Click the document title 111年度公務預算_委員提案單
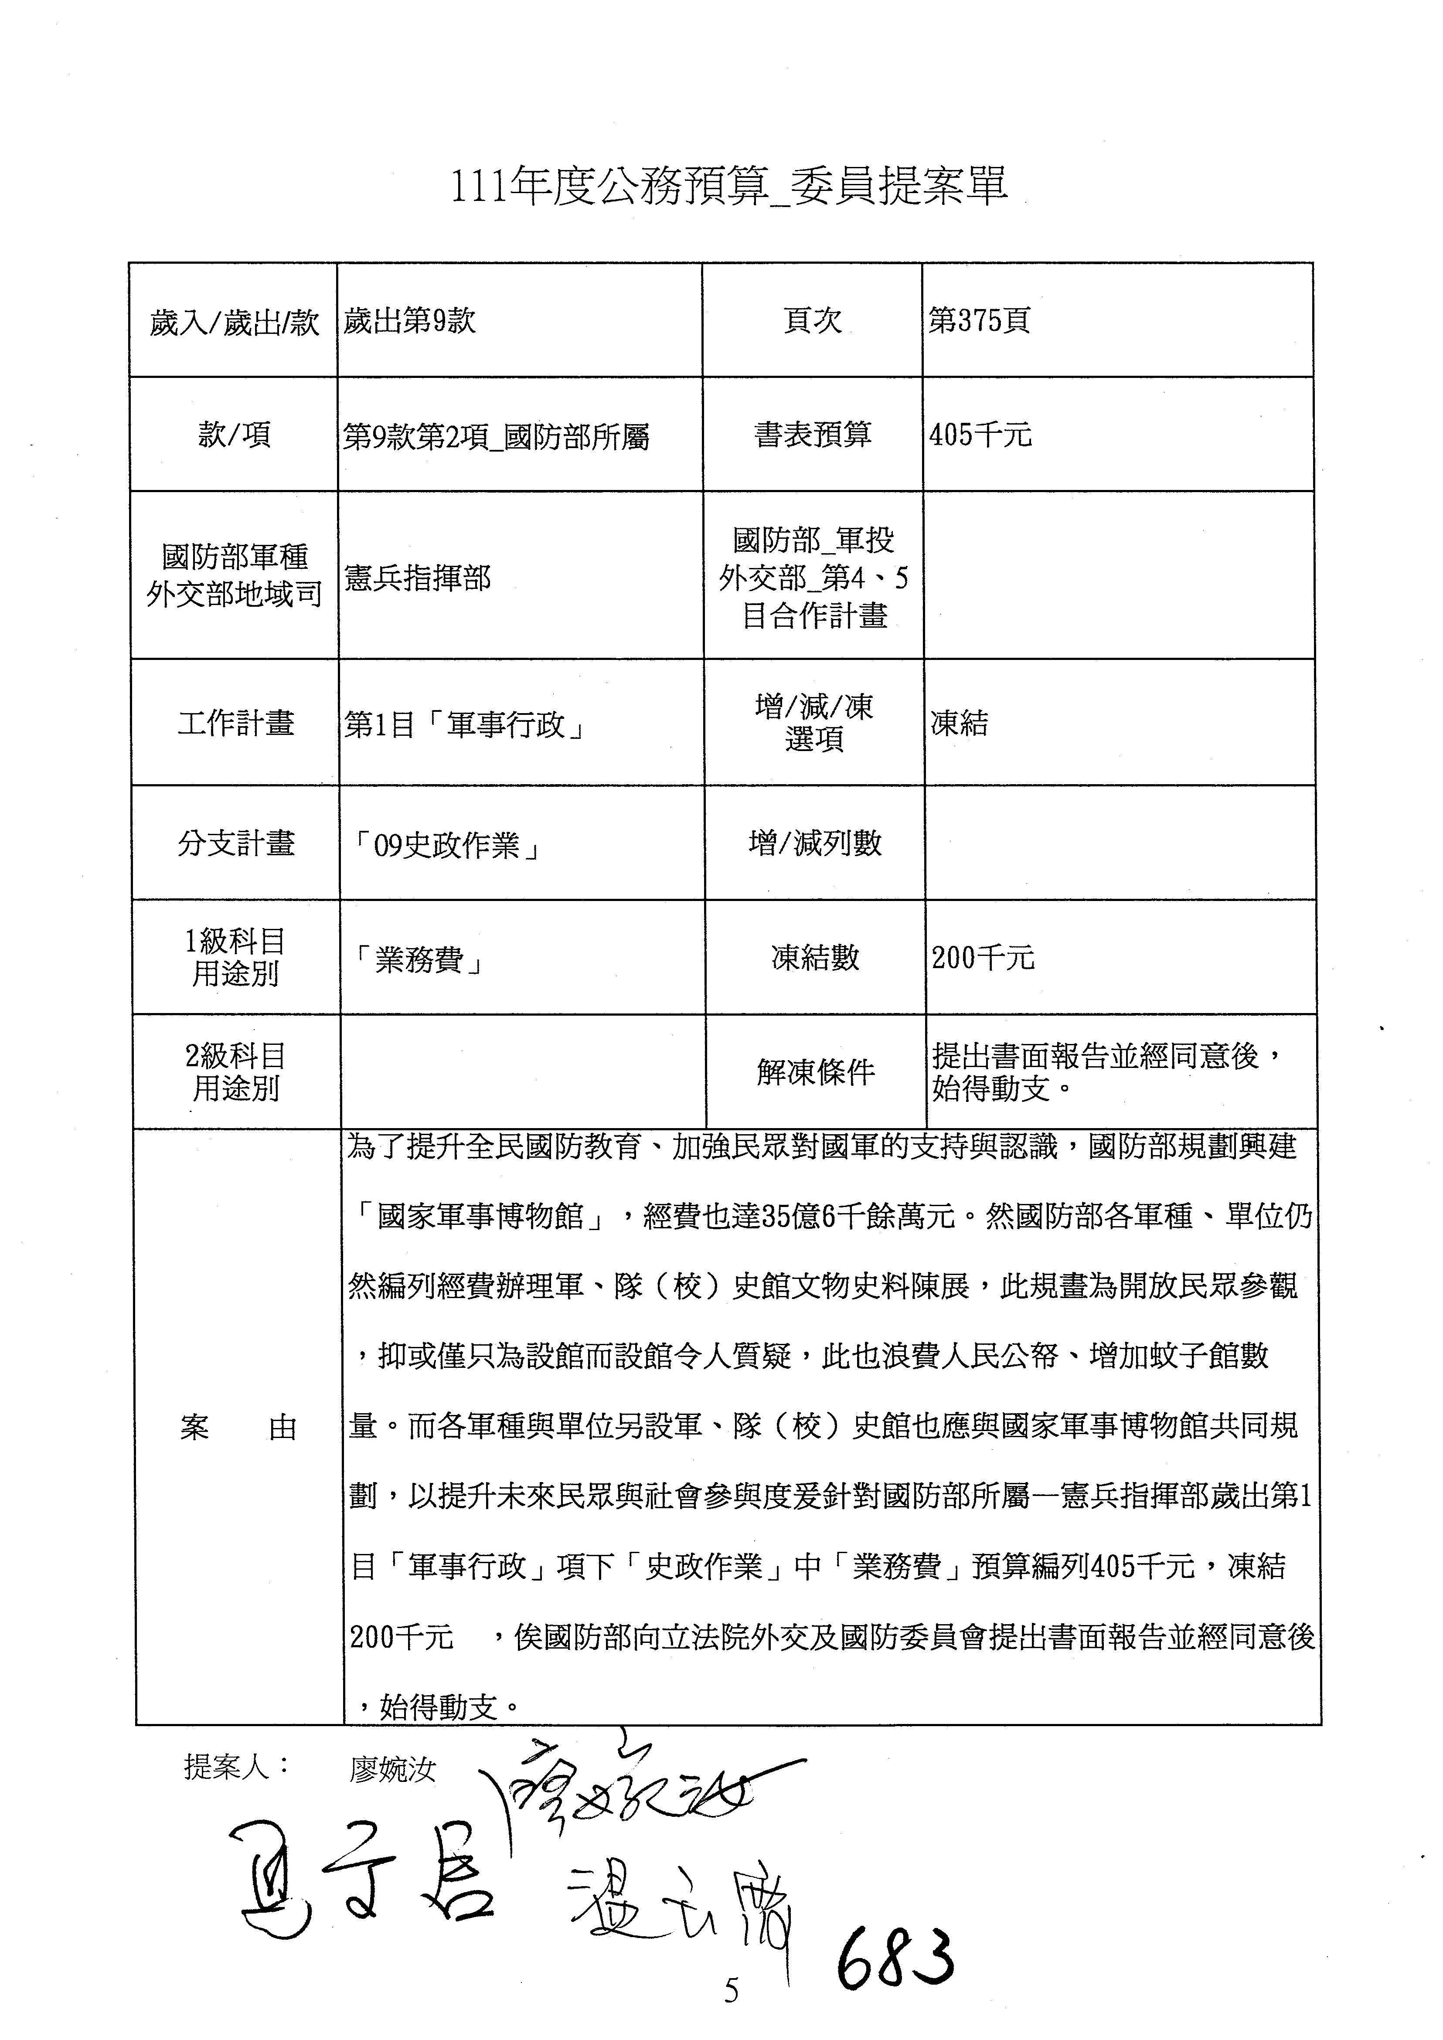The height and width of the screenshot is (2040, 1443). pyautogui.click(x=728, y=187)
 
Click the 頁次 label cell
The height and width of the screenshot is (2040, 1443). pyautogui.click(x=812, y=321)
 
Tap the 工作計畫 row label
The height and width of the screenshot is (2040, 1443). pyautogui.click(x=235, y=723)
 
